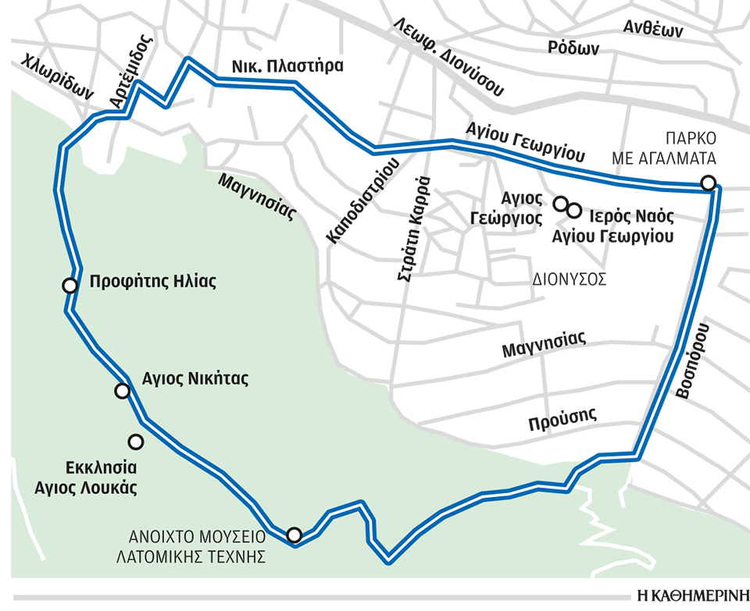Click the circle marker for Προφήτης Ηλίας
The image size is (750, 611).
pos(70,286)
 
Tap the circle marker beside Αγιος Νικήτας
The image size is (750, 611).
pos(122,391)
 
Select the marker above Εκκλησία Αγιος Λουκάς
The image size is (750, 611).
pos(136,442)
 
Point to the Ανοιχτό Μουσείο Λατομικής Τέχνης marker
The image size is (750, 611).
pos(294,535)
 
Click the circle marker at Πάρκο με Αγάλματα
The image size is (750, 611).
pos(708,183)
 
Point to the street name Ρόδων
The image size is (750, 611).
pos(573,48)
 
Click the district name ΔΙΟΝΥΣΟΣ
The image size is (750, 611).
pos(570,279)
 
